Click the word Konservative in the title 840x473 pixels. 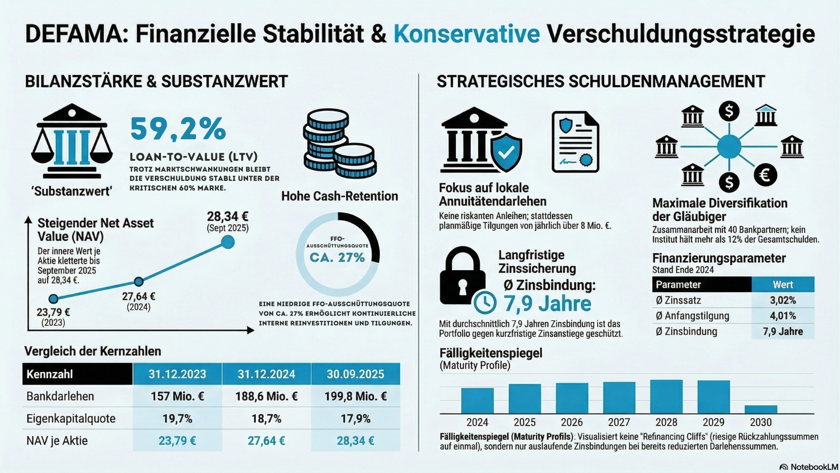[466, 34]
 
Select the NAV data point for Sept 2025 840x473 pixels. [227, 242]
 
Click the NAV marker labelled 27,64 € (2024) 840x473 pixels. [139, 282]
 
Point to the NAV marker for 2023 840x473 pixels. [53, 299]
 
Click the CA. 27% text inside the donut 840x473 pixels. [337, 258]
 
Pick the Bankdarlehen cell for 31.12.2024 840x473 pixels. [266, 396]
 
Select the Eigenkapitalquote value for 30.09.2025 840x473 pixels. [355, 419]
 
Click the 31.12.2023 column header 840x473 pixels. [177, 374]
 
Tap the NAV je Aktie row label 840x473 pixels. [57, 441]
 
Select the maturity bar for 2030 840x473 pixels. [761, 409]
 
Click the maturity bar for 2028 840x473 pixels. [666, 397]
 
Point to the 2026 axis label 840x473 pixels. [572, 422]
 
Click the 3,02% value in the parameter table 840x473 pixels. [783, 300]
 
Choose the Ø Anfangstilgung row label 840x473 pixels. [693, 316]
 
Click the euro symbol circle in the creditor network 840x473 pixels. [765, 175]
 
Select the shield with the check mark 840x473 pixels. [506, 152]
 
